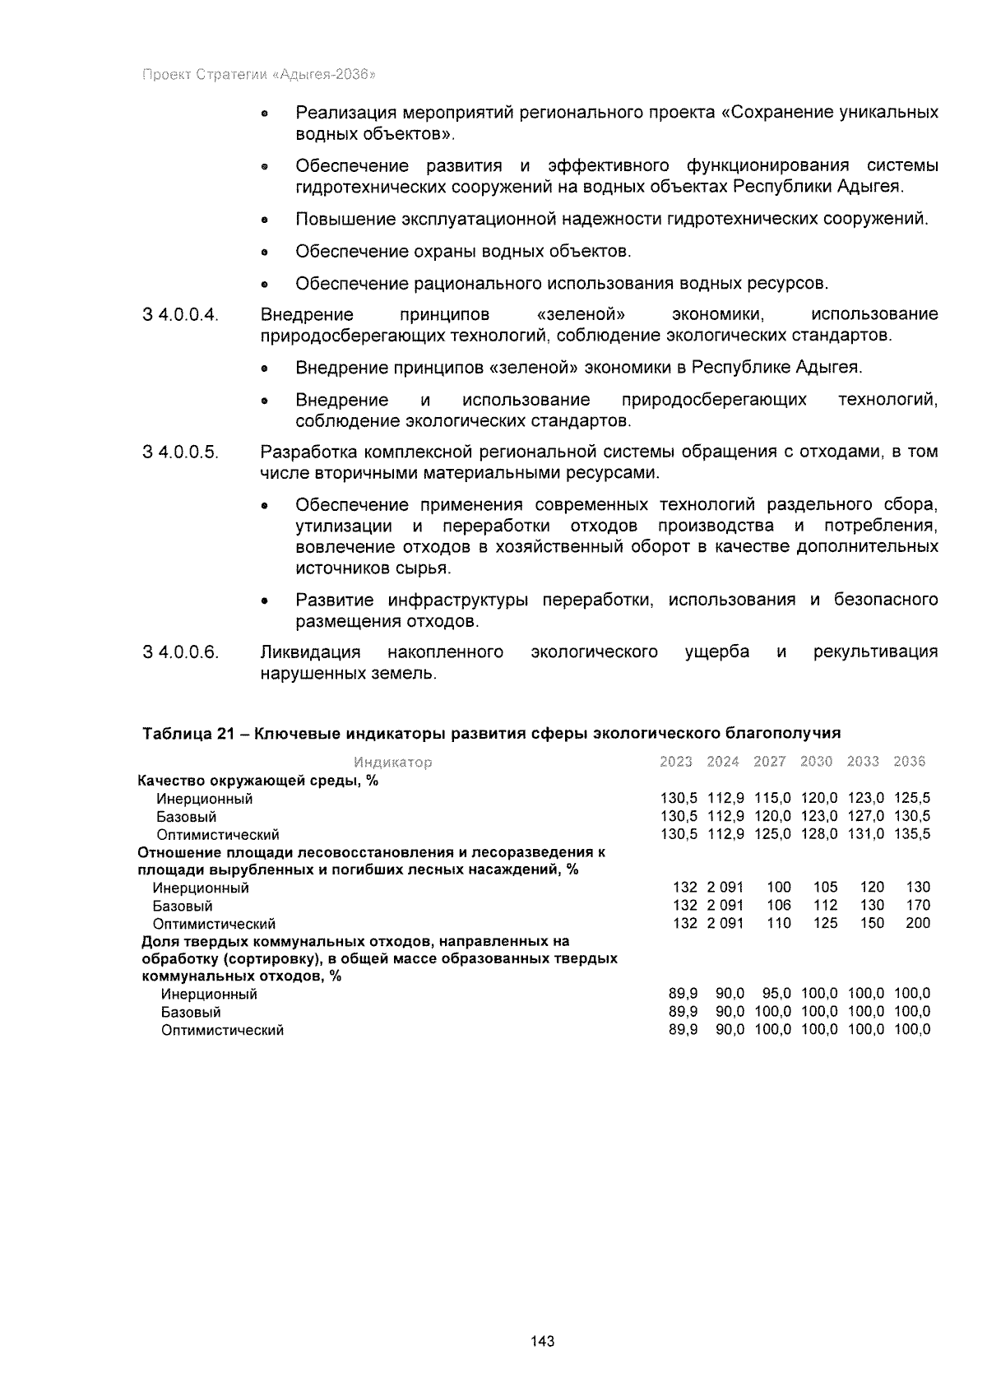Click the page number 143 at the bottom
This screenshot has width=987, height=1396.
[x=543, y=1342]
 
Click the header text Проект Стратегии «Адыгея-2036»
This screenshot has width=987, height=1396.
[x=259, y=75]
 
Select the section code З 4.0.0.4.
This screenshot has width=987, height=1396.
[x=180, y=315]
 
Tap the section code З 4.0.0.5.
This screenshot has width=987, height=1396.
[x=180, y=452]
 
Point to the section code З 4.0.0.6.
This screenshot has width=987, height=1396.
[x=180, y=652]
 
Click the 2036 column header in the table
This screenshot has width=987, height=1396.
[x=909, y=762]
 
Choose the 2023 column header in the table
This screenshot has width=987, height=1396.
[x=676, y=762]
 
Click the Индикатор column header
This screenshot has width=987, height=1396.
[x=392, y=763]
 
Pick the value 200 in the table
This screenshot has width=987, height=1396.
[x=918, y=923]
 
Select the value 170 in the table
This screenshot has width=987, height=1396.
[x=918, y=905]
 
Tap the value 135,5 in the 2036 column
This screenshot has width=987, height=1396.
[x=912, y=834]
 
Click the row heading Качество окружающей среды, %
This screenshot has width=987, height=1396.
[x=257, y=781]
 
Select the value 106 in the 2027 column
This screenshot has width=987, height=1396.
[x=779, y=905]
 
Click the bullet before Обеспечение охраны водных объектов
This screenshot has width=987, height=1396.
[x=264, y=253]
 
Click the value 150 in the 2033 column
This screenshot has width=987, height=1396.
[x=872, y=923]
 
